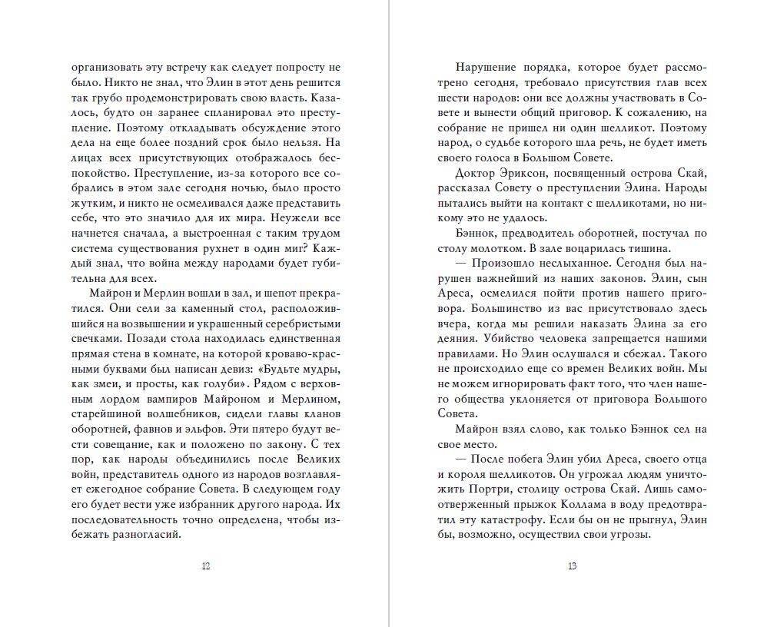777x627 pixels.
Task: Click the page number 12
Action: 205,567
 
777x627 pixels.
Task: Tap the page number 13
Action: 572,567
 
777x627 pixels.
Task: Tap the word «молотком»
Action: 538,248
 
